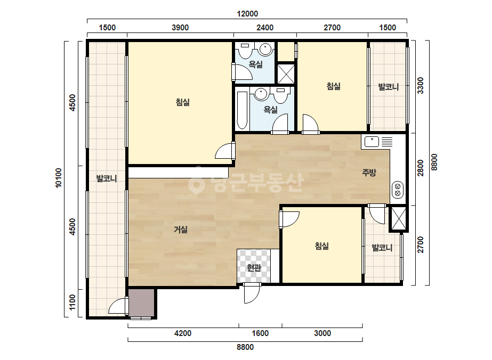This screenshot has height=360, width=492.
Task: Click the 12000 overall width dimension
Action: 247,14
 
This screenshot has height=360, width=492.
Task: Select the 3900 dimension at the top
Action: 180,28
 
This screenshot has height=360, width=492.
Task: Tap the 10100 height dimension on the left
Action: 59,178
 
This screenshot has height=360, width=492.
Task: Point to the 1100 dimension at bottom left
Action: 72,302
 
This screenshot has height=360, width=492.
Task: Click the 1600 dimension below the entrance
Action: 260,333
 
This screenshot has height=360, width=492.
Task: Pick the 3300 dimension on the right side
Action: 420,86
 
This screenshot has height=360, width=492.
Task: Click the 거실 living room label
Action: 181,230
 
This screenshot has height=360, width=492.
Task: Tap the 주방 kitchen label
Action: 369,172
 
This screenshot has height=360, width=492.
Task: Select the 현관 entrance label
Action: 254,267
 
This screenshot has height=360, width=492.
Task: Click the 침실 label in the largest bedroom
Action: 183,102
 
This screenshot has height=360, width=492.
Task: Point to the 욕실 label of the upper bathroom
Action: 256,64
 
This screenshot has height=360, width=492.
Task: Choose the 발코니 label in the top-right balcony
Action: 389,87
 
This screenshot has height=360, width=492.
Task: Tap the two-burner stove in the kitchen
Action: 398,190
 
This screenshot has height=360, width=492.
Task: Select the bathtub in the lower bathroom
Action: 242,110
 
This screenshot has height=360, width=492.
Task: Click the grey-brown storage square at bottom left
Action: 141,302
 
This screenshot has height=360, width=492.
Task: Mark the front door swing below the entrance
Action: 252,293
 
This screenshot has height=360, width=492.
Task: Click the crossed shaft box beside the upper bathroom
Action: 286,74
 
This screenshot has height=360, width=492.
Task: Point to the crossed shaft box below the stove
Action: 399,218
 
